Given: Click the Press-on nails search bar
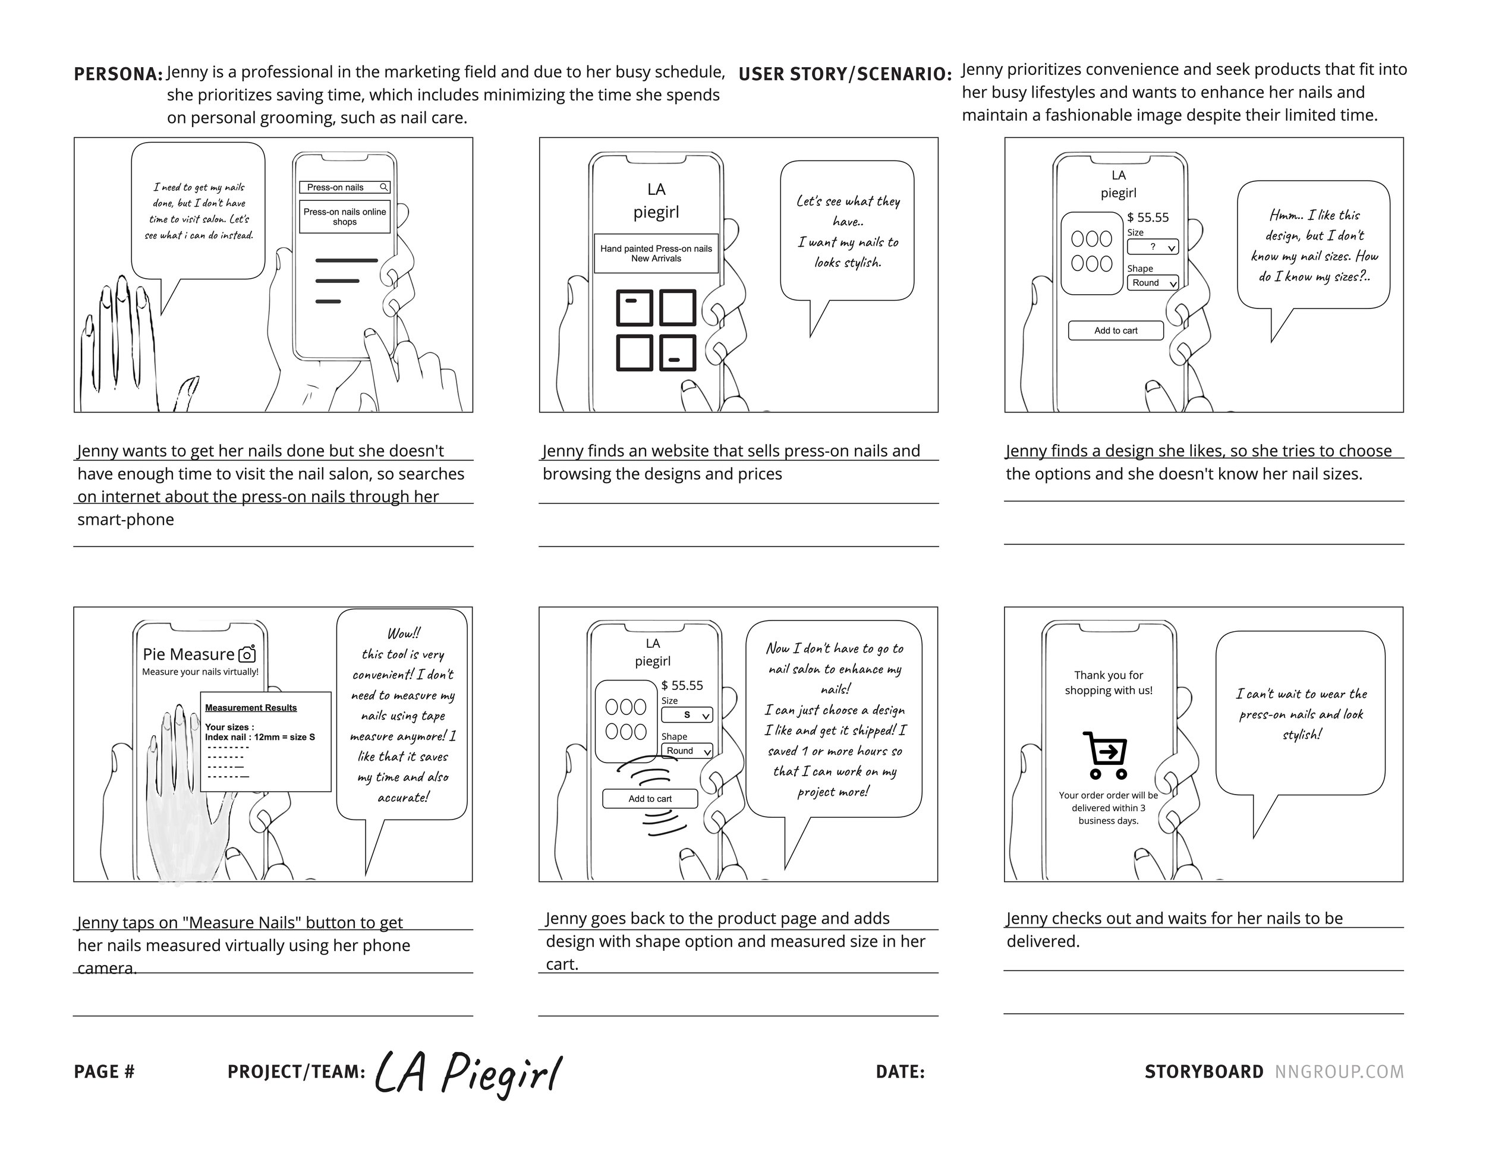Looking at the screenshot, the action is (x=344, y=187).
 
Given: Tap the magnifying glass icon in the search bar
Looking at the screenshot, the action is (x=384, y=187).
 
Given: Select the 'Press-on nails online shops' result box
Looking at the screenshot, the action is (x=344, y=216).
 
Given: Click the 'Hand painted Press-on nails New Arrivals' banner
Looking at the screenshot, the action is (x=656, y=254).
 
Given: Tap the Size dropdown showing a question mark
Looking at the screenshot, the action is (x=1152, y=246).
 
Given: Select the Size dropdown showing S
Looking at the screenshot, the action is (x=687, y=715).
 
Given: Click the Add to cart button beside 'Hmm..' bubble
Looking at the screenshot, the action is (x=1115, y=330).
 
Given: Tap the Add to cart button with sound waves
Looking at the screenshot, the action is (x=650, y=799).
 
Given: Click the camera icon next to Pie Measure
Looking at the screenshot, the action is (x=247, y=654).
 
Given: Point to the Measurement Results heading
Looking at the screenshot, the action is (x=251, y=707).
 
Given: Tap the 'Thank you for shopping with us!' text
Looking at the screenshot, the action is (x=1109, y=682).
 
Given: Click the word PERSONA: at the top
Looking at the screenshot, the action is (x=118, y=74).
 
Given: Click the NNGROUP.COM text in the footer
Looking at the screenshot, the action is (x=1339, y=1072).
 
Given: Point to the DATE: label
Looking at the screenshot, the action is (x=899, y=1072).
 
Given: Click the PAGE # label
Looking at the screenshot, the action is (x=104, y=1072).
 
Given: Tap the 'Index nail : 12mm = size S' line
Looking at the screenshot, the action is (x=260, y=738).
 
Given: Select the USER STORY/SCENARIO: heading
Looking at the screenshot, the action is (x=845, y=74).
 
